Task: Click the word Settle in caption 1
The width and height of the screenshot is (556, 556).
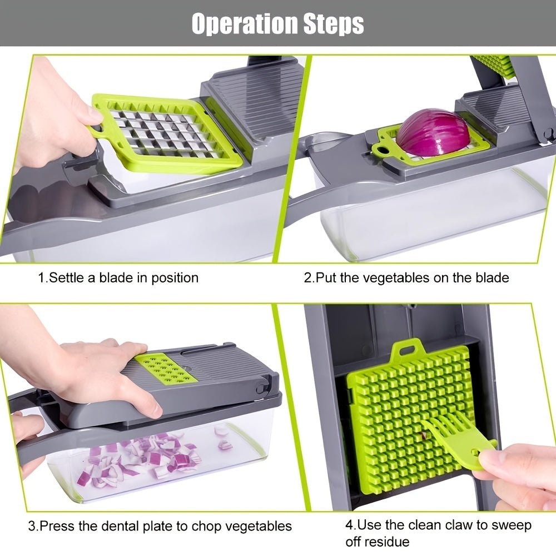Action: (x=66, y=277)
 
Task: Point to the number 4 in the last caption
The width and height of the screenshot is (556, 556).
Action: (x=350, y=524)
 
